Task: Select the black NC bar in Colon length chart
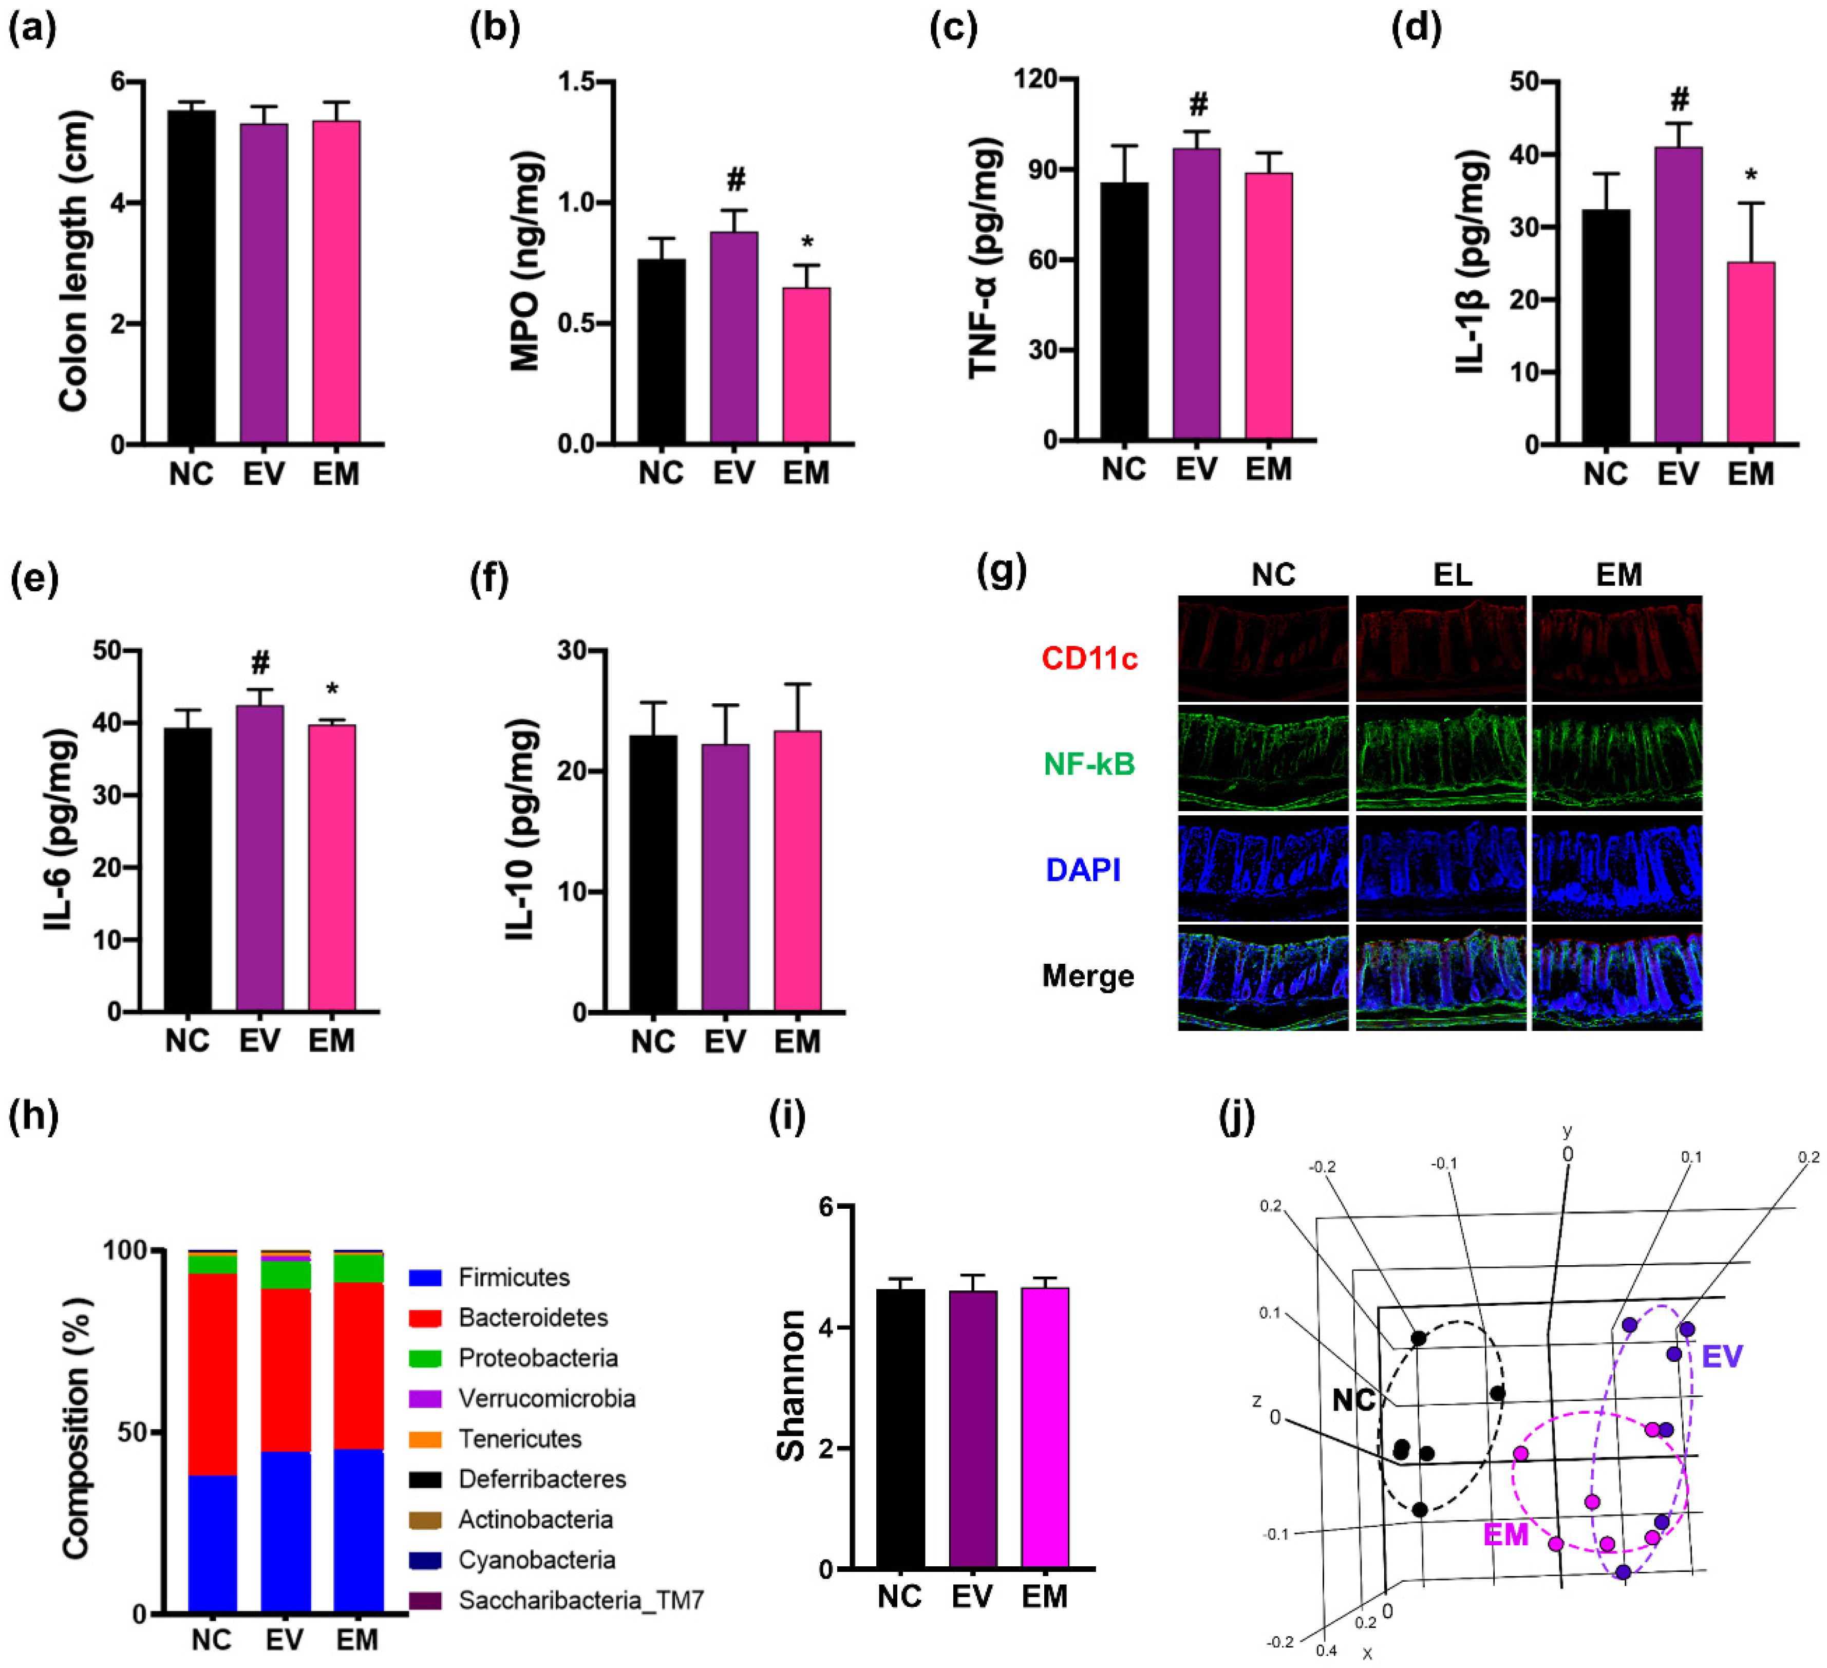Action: click(x=191, y=276)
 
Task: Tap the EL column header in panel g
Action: click(x=1452, y=575)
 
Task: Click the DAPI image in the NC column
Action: click(x=1263, y=869)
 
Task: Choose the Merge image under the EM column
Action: click(x=1617, y=977)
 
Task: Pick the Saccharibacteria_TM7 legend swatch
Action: click(x=425, y=1601)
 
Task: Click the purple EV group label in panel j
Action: click(x=1722, y=1356)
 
